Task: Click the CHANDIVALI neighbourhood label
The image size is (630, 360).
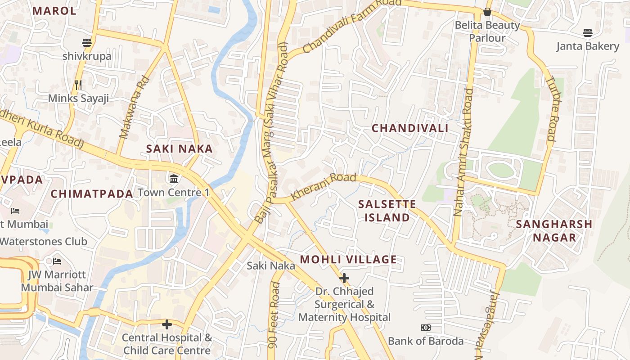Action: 409,128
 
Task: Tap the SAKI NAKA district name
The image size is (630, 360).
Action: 179,149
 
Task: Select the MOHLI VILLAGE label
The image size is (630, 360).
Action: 348,260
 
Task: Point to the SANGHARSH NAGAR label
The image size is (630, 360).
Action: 554,231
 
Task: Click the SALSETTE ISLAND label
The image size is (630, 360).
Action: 387,211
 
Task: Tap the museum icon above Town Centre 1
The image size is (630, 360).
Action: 174,179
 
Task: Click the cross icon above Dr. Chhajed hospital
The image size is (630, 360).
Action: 344,278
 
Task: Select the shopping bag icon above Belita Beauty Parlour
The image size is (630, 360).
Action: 487,12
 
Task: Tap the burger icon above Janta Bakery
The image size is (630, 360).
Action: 587,32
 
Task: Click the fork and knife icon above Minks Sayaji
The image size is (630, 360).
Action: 78,84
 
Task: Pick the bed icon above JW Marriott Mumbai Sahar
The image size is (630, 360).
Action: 57,261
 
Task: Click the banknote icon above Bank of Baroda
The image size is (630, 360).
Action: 425,328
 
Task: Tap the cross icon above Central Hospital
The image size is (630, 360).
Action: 167,324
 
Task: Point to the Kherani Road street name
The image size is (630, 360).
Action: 324,186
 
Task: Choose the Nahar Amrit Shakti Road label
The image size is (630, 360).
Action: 463,153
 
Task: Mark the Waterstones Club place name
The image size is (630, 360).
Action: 43,241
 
